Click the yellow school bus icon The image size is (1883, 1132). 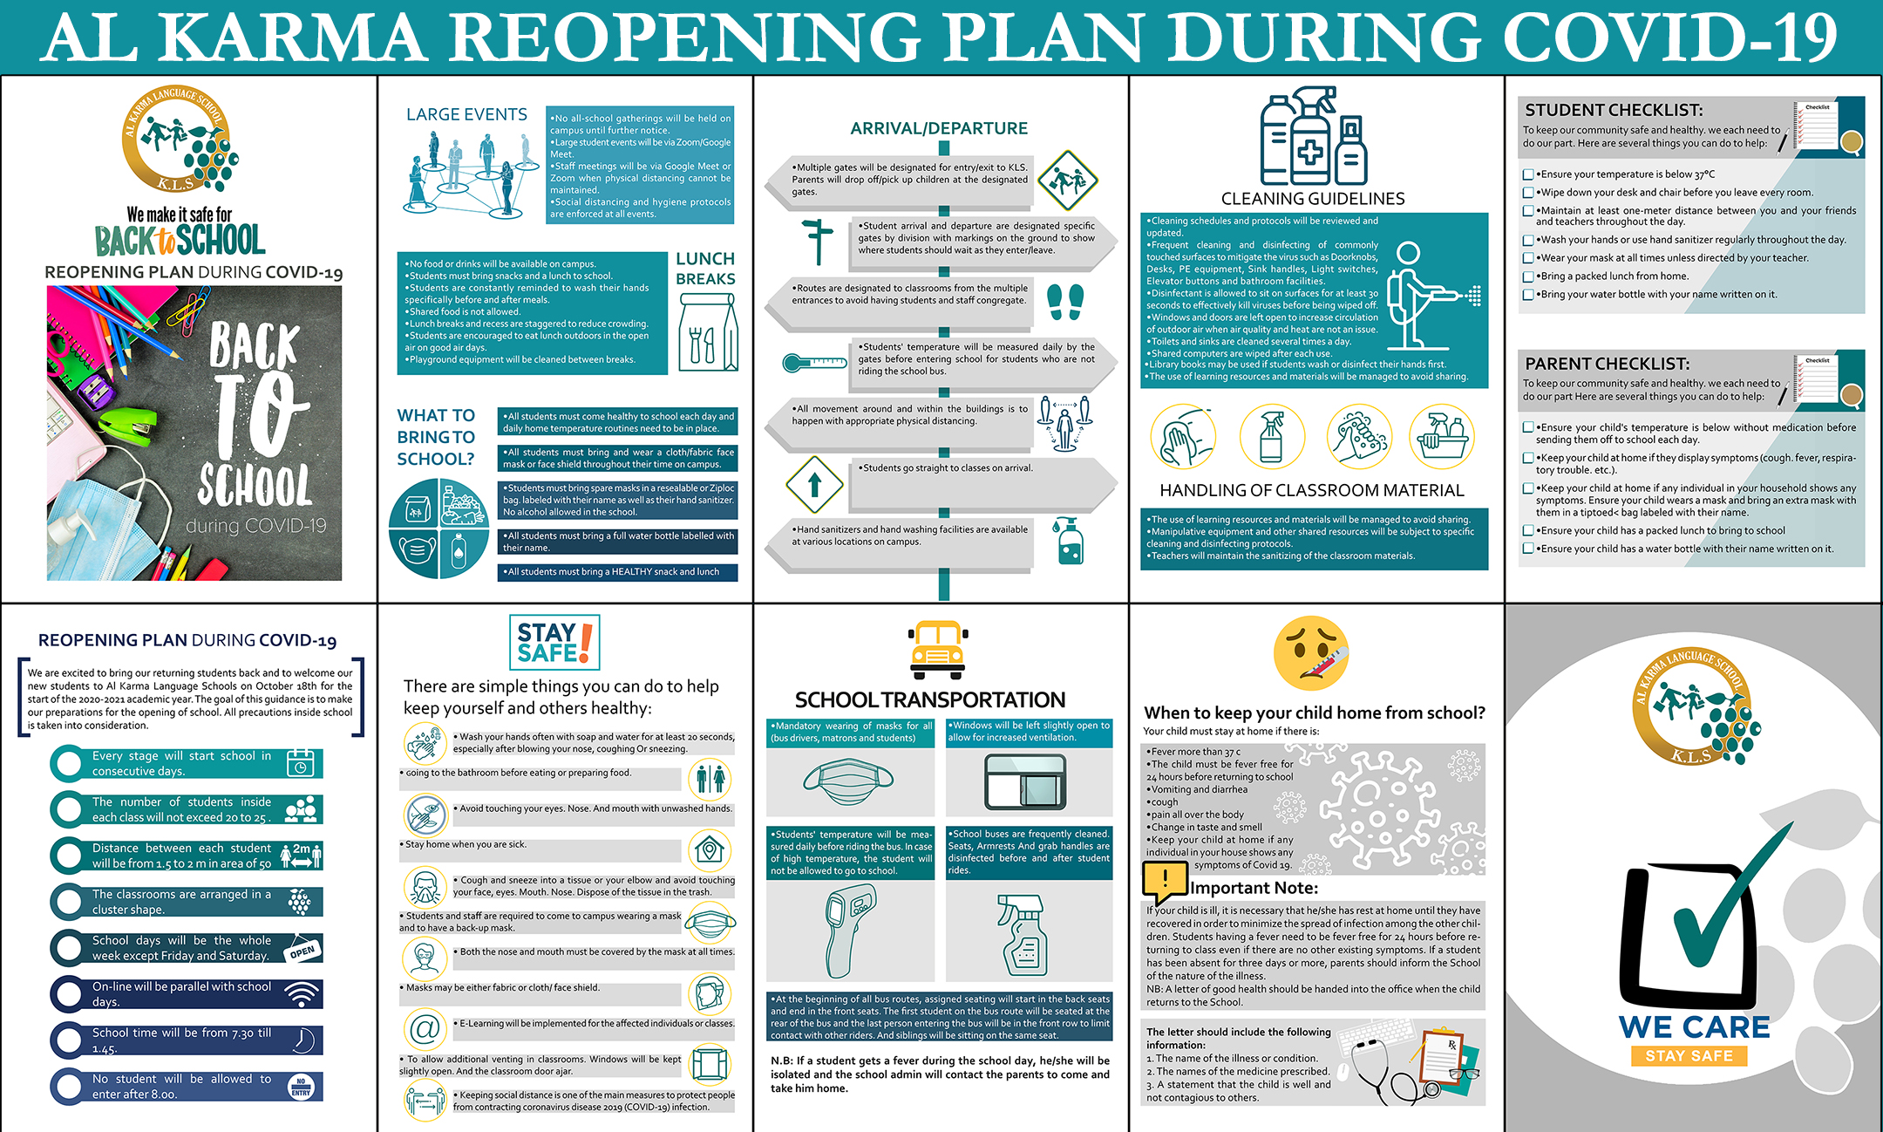coord(938,650)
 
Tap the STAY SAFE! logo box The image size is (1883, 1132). coord(554,643)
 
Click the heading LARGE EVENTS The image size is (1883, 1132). coord(466,115)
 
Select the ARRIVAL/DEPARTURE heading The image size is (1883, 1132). coord(939,129)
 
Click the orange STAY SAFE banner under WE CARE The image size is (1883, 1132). coord(1689,1055)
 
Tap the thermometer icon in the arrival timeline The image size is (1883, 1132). coord(814,362)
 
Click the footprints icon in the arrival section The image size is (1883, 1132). coord(1065,302)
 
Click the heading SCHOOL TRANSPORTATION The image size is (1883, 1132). coord(929,700)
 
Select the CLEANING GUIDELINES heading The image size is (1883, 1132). coord(1313,199)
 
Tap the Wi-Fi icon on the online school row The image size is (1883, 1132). coord(302,994)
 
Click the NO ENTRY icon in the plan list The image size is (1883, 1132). coord(302,1087)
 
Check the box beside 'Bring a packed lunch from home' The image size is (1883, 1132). coord(1528,276)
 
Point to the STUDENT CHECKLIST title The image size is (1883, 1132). coord(1614,111)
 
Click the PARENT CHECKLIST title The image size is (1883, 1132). coord(1607,364)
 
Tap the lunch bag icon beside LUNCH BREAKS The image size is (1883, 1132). coord(707,332)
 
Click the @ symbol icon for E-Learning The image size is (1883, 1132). coord(425,1028)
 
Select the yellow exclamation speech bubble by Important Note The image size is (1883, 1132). coord(1165,880)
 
